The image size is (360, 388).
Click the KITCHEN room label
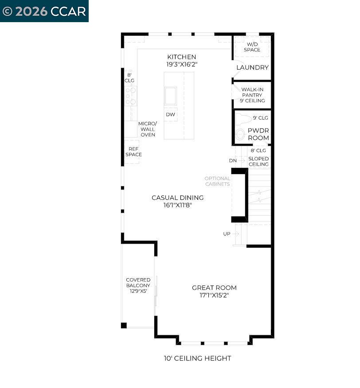(x=181, y=57)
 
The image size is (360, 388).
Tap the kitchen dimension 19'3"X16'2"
(x=181, y=64)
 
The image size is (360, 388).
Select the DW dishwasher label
(x=170, y=115)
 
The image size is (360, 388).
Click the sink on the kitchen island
(x=170, y=96)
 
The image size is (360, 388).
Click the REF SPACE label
(x=133, y=152)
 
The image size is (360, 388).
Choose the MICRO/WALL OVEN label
(x=148, y=129)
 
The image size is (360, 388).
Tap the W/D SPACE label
(x=252, y=47)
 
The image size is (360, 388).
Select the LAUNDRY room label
(x=252, y=68)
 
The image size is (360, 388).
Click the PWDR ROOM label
(x=258, y=134)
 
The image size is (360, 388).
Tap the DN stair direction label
(x=233, y=161)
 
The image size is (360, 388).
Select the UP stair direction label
(x=227, y=234)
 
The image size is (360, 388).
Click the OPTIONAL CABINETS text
(x=217, y=181)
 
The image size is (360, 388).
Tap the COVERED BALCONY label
(x=138, y=285)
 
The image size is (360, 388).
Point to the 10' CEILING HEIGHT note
(x=197, y=358)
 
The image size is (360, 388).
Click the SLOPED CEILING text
(x=258, y=161)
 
